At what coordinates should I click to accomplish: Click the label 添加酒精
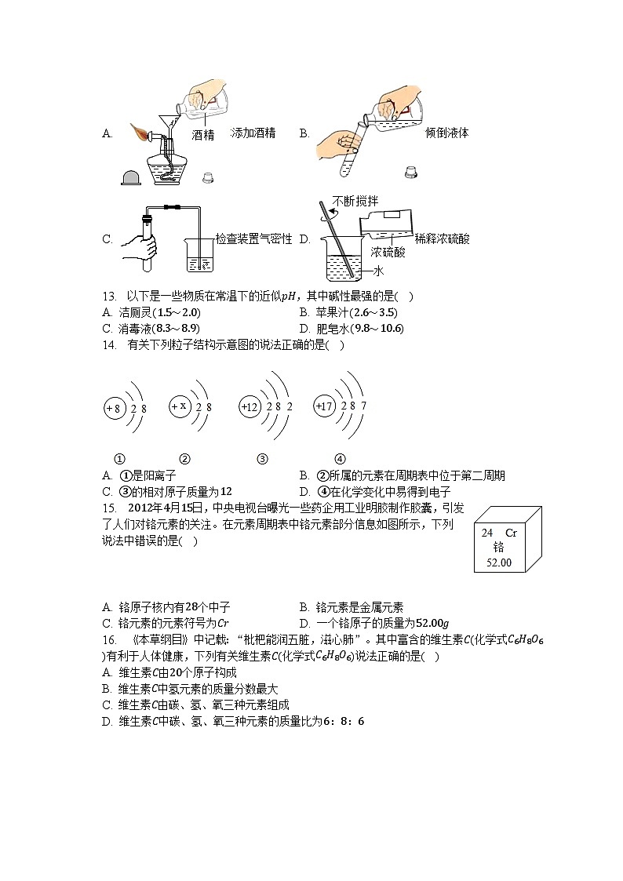253,133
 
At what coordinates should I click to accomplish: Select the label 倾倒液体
446,133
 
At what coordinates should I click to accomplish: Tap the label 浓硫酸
388,253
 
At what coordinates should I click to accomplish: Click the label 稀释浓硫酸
442,239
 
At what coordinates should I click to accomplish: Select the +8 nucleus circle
114,408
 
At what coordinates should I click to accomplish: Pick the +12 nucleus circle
250,407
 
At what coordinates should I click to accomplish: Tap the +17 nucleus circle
323,406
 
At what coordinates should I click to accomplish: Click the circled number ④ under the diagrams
340,460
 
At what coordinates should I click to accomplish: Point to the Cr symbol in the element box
511,533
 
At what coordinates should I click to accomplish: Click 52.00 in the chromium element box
497,562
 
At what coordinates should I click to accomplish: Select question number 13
109,297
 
